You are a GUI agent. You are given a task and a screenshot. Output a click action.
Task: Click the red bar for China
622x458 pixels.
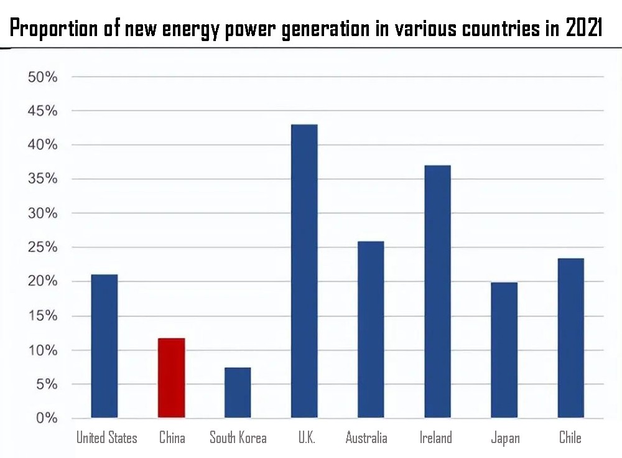(171, 378)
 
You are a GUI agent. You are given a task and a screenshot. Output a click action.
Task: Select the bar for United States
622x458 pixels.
(104, 346)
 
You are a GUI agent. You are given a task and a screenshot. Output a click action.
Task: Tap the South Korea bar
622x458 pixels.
(238, 393)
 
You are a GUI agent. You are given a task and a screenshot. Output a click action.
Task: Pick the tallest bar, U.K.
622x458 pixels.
(304, 271)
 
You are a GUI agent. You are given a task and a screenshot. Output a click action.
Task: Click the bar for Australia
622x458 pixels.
(371, 329)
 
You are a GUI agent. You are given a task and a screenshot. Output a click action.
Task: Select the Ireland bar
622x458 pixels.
(437, 291)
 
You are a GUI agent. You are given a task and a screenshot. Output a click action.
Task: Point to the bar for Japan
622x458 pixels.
(504, 350)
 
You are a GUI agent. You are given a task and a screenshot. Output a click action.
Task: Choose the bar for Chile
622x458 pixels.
(570, 338)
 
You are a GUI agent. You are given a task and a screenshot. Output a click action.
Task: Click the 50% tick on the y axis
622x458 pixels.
(43, 77)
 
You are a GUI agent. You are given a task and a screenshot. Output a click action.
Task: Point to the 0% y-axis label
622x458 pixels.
(47, 418)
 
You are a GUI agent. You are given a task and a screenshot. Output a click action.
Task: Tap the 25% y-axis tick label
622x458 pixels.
(43, 248)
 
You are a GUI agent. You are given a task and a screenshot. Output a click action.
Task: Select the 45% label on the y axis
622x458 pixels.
(43, 111)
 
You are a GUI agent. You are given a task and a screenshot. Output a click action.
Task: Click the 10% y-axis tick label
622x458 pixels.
(43, 350)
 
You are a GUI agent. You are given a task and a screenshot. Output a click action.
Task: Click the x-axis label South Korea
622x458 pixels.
(238, 438)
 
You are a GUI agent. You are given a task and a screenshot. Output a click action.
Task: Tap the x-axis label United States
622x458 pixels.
(106, 438)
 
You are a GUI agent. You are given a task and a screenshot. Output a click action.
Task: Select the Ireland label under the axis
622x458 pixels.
(435, 438)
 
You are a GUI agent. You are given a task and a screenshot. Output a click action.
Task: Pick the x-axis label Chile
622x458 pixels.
(570, 438)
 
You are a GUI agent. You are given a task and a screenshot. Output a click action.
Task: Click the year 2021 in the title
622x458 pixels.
(583, 29)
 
